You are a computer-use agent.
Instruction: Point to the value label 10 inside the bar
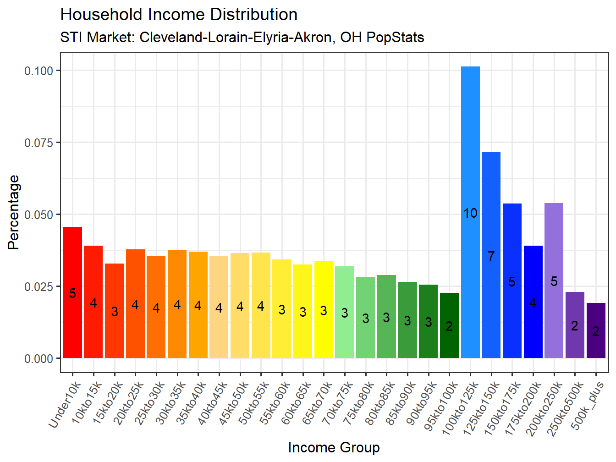tap(470, 213)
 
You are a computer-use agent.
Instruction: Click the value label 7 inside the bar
tap(491, 256)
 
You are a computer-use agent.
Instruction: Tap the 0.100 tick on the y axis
tap(39, 71)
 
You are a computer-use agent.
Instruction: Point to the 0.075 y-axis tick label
tap(39, 143)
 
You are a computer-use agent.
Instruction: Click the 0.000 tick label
tap(39, 358)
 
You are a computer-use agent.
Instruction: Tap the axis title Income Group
tap(334, 447)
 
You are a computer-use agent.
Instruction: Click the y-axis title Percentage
tap(14, 212)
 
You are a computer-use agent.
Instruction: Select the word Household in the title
tap(101, 15)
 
